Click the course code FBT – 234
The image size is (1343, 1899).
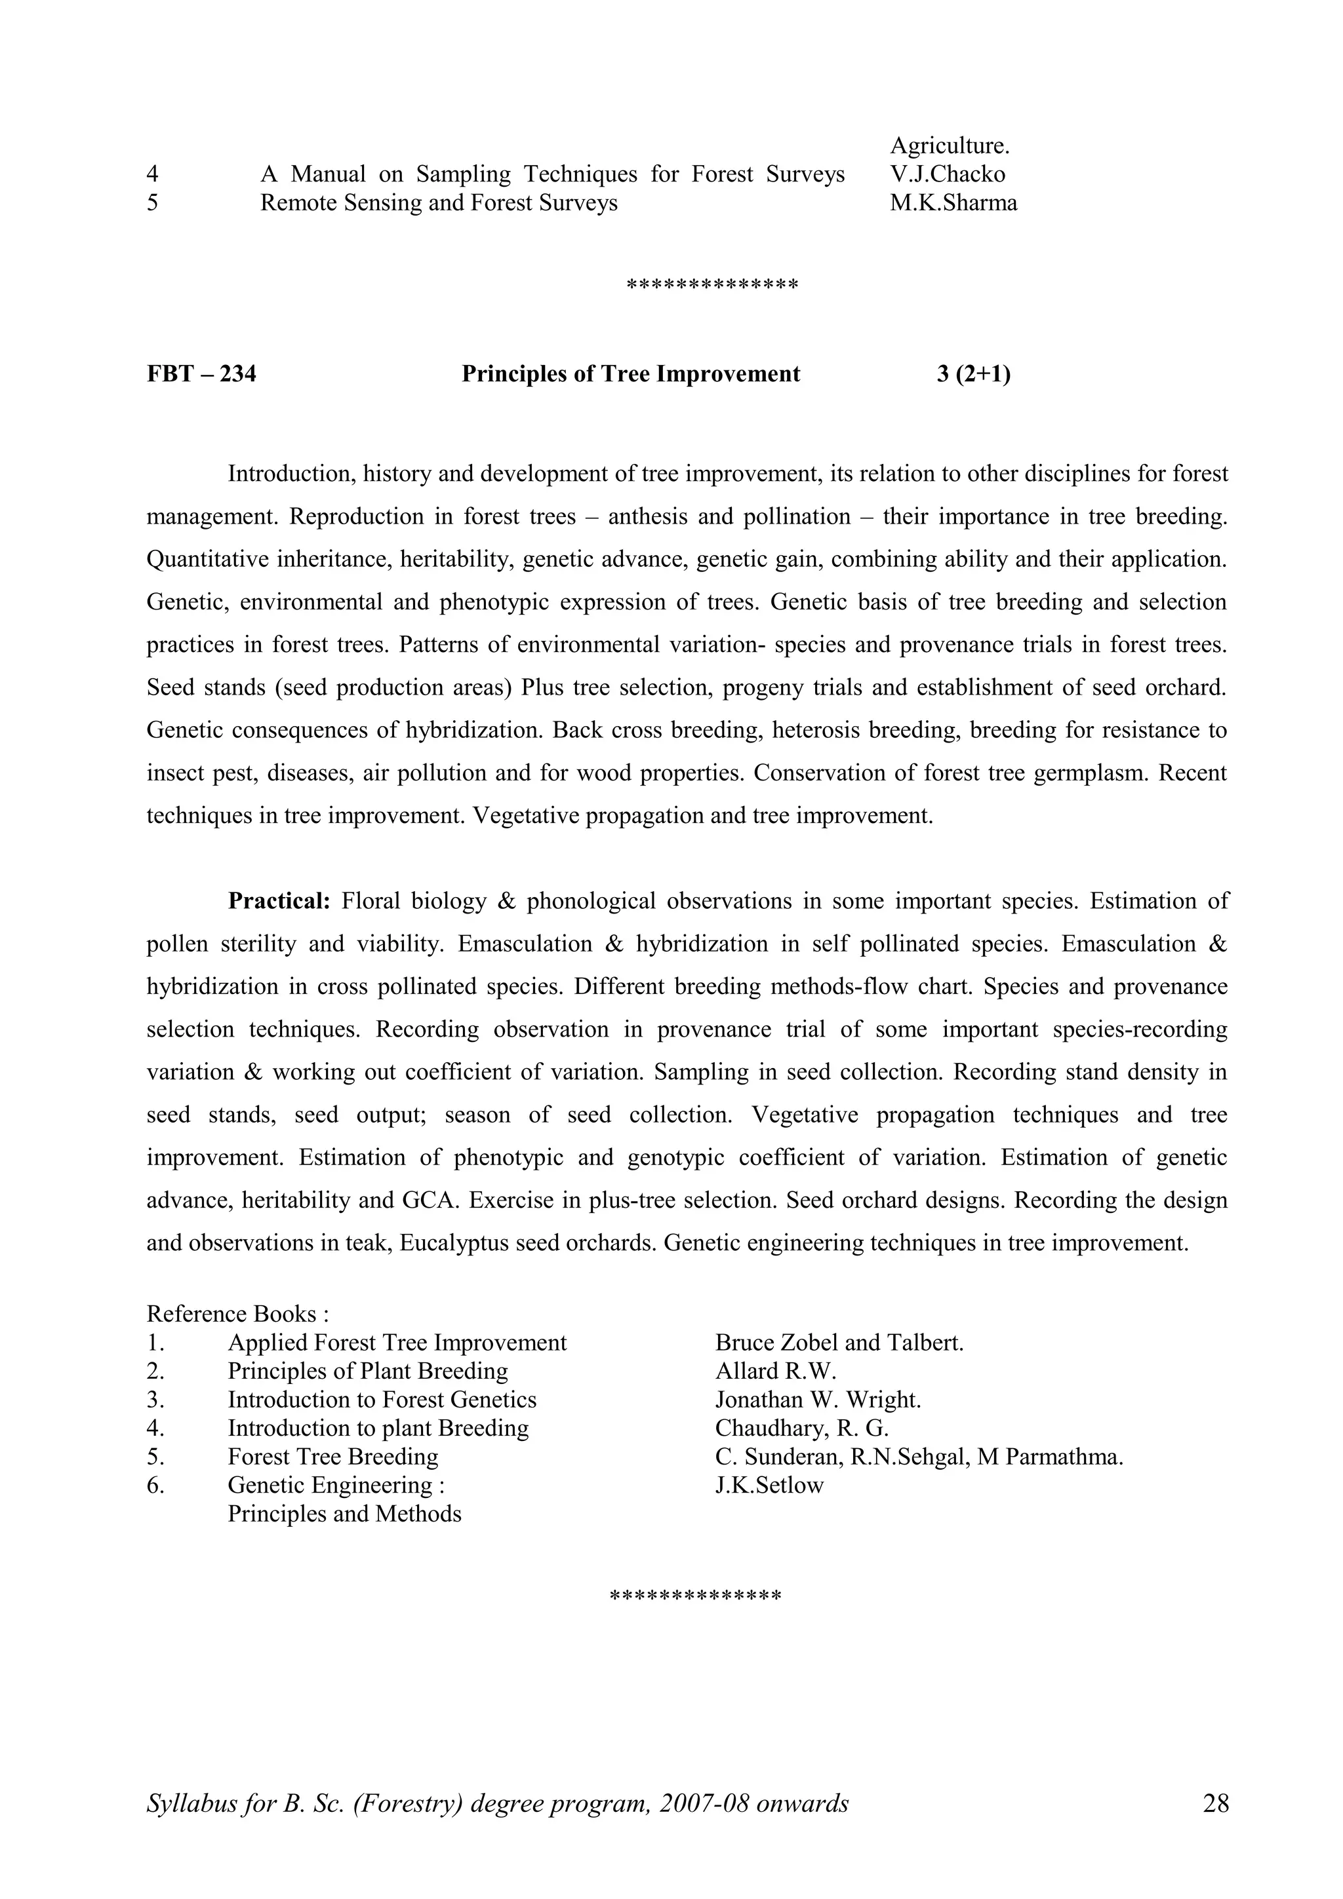pyautogui.click(x=201, y=374)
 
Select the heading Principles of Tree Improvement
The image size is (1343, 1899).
pyautogui.click(x=631, y=374)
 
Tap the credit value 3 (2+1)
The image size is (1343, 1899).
pyautogui.click(x=973, y=374)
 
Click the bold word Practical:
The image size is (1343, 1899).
pyautogui.click(x=279, y=901)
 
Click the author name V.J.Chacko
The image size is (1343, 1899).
pyautogui.click(x=948, y=174)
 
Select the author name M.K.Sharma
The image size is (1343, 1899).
pyautogui.click(x=953, y=202)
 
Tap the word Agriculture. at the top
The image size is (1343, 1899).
pyautogui.click(x=949, y=145)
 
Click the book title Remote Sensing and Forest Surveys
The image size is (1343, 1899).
pyautogui.click(x=439, y=202)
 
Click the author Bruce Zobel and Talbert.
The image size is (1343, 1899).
pyautogui.click(x=839, y=1343)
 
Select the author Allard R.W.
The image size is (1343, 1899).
pyautogui.click(x=775, y=1371)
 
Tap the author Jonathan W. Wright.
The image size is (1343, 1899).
pyautogui.click(x=818, y=1400)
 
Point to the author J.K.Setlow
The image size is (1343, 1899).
pyautogui.click(x=769, y=1486)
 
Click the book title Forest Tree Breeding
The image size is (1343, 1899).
pyautogui.click(x=332, y=1457)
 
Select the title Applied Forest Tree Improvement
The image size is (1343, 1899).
pyautogui.click(x=397, y=1343)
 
